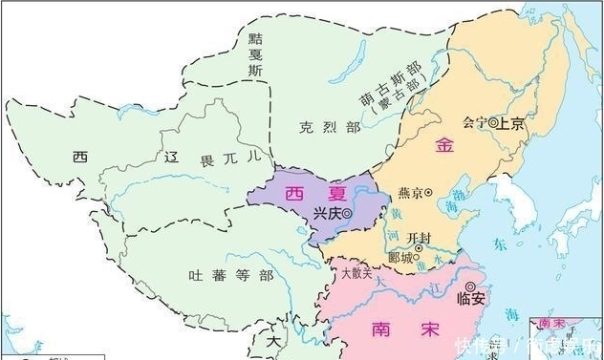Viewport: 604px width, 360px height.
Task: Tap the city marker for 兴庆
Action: point(345,214)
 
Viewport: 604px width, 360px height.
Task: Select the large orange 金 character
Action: point(443,145)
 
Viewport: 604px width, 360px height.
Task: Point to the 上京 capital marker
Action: point(492,123)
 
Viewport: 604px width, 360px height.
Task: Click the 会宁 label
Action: point(473,123)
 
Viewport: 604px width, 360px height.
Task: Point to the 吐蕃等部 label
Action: point(230,275)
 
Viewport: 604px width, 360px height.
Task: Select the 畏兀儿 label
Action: point(227,155)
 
